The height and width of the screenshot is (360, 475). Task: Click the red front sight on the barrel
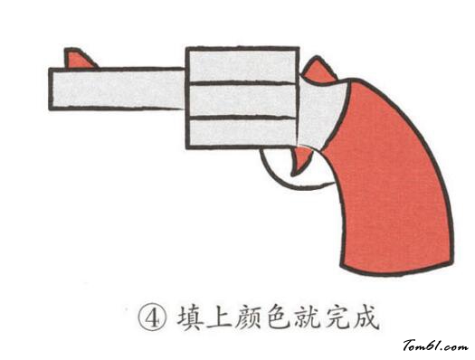point(79,60)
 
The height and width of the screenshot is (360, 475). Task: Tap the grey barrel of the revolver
point(118,90)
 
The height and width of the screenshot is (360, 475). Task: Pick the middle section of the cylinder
point(242,99)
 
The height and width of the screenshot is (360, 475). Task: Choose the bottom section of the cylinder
point(242,132)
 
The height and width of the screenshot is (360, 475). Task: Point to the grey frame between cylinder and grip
point(321,118)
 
